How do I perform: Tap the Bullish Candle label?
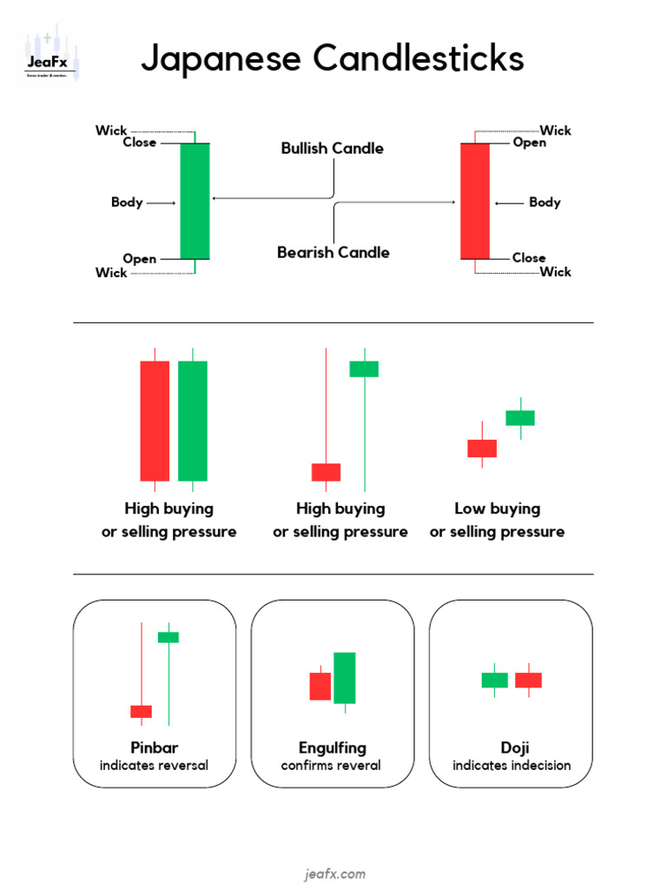[x=332, y=149]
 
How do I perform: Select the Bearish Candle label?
[x=333, y=253]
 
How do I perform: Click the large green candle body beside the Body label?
[x=195, y=201]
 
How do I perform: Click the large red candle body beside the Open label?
[x=475, y=201]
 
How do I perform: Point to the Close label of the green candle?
[x=140, y=143]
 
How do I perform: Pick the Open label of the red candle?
[x=530, y=143]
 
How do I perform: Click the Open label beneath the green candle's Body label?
[x=140, y=259]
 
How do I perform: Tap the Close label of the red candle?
[x=529, y=258]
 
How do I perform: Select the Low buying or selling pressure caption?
[x=497, y=520]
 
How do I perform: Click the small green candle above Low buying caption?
[x=520, y=418]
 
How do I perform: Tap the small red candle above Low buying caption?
[x=482, y=448]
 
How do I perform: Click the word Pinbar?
[x=154, y=747]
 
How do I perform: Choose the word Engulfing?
[x=332, y=747]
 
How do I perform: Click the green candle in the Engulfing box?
[x=345, y=678]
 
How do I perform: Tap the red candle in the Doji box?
[x=528, y=680]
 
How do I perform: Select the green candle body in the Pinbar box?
[x=168, y=637]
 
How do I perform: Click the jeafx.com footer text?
[x=334, y=874]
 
